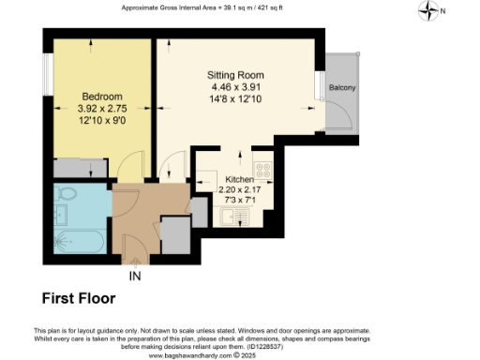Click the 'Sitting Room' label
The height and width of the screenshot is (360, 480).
click(235, 75)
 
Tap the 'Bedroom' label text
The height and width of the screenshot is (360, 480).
click(76, 97)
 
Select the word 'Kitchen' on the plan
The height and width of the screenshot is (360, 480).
click(241, 178)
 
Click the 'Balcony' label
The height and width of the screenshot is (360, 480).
click(341, 88)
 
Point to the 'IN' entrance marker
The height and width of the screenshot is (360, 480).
click(136, 276)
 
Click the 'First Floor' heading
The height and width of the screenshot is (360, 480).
click(79, 299)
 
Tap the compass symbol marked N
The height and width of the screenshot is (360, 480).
click(431, 11)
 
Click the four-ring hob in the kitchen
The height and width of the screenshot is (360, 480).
click(263, 172)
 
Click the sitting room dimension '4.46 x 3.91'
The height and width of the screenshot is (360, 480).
click(235, 87)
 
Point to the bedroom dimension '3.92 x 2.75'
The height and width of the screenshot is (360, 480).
click(76, 109)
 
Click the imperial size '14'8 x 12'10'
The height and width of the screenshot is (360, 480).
click(235, 99)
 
